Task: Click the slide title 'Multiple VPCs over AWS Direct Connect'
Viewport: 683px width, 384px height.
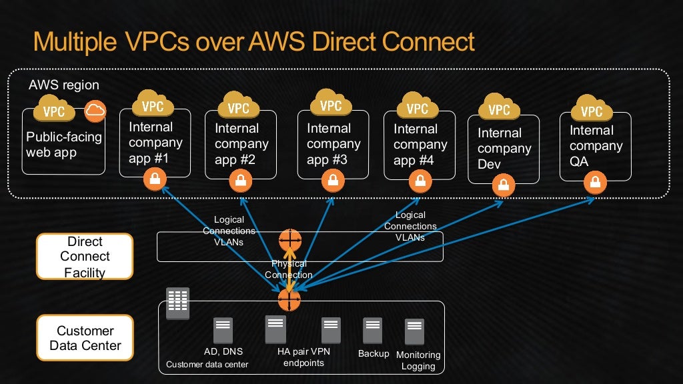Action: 253,41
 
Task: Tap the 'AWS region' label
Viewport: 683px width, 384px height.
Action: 64,85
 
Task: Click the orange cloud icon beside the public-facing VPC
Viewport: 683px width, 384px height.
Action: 95,111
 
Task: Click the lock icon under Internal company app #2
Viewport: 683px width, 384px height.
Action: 240,180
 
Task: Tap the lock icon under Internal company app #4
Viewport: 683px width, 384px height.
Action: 418,179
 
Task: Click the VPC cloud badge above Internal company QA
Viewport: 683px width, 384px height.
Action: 591,109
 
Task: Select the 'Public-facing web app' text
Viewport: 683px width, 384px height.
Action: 63,145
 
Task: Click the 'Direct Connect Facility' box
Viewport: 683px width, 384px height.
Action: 85,256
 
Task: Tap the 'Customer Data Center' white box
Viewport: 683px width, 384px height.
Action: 85,338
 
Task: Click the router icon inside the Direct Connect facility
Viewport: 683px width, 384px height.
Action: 290,239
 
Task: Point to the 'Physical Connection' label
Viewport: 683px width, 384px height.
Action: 288,269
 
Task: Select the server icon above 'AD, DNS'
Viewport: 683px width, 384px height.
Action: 223,331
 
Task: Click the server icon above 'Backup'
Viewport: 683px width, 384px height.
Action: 372,331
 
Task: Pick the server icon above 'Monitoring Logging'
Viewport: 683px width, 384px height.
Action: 414,332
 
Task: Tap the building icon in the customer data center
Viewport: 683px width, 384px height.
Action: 177,303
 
